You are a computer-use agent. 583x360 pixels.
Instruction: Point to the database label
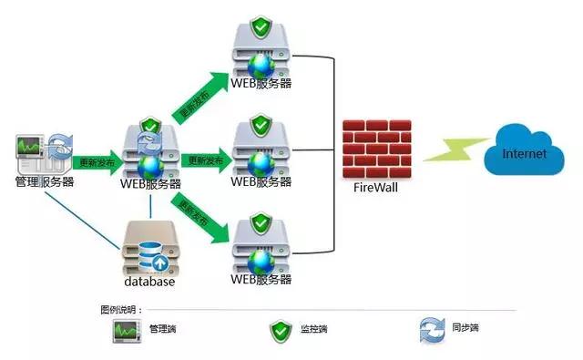click(148, 282)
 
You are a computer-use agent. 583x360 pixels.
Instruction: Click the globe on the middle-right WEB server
click(261, 163)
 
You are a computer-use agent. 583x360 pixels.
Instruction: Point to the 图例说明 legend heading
click(123, 310)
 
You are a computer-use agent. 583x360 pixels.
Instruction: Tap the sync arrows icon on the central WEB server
click(148, 139)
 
